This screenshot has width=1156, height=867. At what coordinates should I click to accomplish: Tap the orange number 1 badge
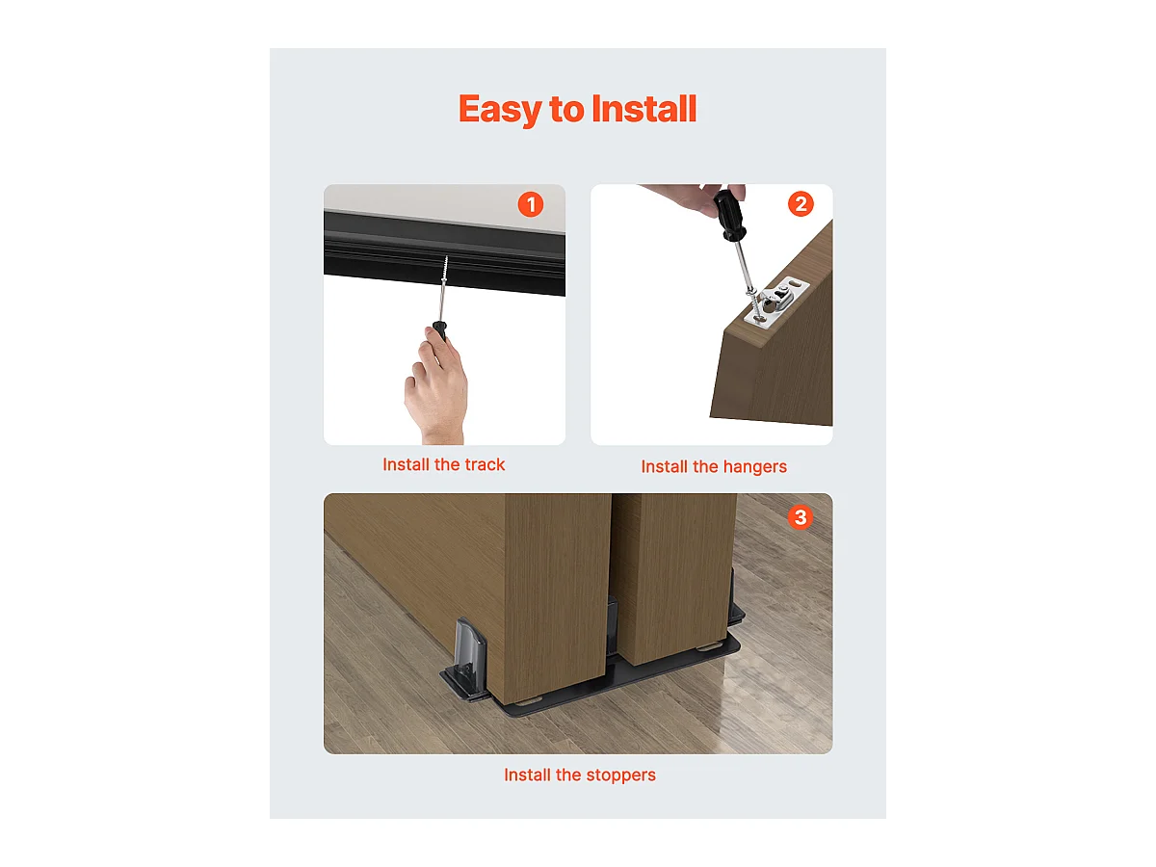pyautogui.click(x=531, y=204)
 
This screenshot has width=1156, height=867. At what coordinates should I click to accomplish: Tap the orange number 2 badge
pyautogui.click(x=800, y=204)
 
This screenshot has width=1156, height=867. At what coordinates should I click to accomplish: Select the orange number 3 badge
pyautogui.click(x=800, y=518)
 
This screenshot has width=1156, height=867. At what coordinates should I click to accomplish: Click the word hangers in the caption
pyautogui.click(x=754, y=466)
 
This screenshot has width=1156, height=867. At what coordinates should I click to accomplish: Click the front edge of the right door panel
pyautogui.click(x=673, y=578)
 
